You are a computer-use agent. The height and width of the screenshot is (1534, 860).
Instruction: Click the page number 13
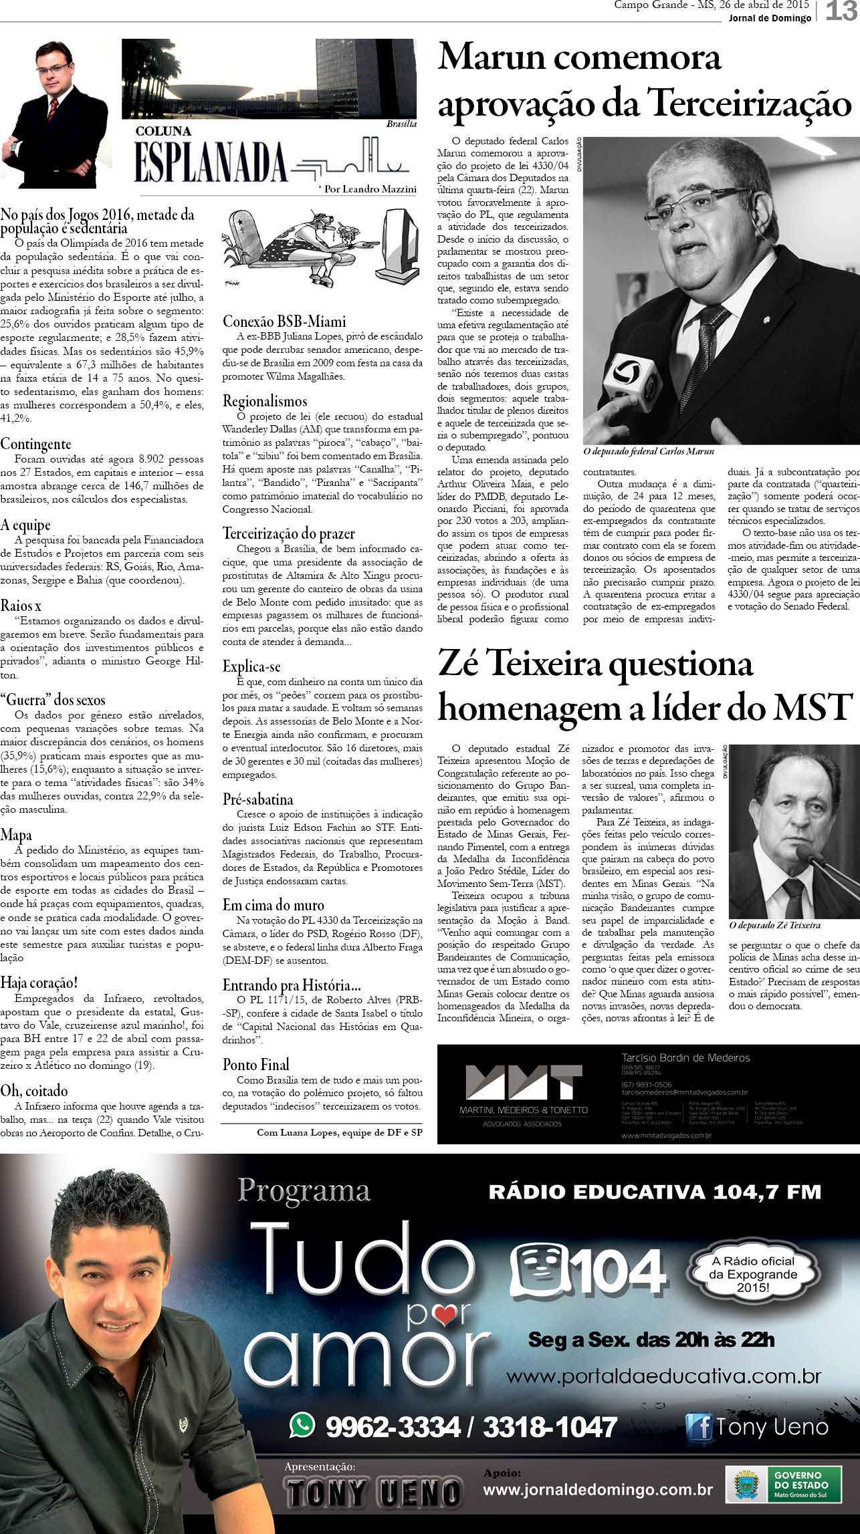(x=841, y=11)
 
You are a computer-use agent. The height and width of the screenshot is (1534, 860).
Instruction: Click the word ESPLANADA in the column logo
(x=211, y=161)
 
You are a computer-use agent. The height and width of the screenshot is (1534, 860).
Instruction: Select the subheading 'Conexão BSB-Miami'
(x=284, y=322)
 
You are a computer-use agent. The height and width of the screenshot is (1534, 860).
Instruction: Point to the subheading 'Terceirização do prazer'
(x=289, y=533)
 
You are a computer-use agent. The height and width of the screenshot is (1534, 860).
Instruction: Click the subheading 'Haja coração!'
(x=39, y=983)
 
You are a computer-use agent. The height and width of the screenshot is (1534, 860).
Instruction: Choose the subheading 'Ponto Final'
(x=256, y=1065)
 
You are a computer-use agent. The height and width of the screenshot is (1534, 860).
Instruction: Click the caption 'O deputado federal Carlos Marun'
(x=648, y=452)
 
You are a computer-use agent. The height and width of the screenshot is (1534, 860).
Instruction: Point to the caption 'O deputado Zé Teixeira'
(x=774, y=926)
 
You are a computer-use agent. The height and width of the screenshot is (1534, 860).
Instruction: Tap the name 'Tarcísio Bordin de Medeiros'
(x=685, y=1057)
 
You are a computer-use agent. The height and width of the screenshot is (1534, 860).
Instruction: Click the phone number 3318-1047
(x=550, y=1426)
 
